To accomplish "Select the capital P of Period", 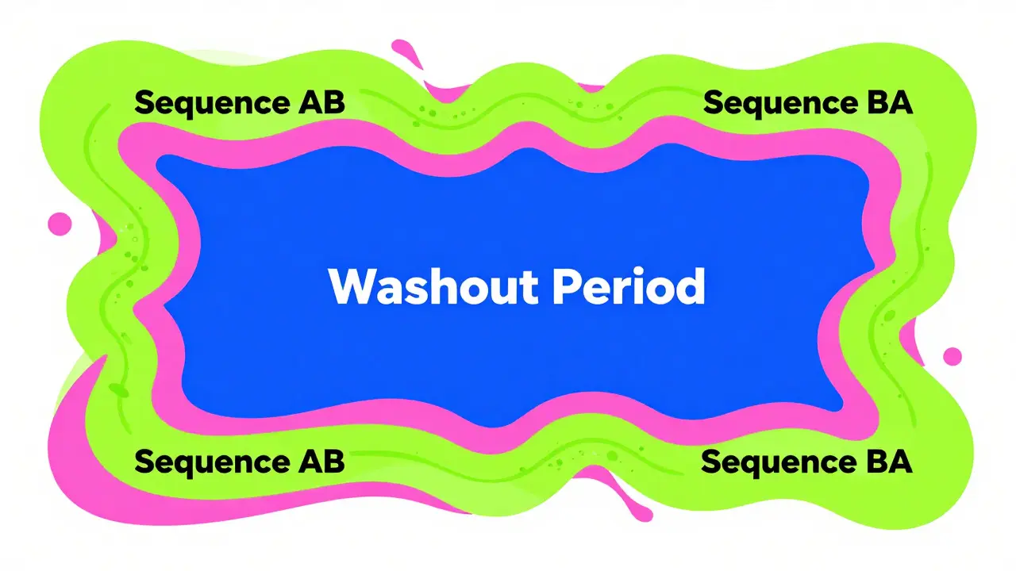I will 568,287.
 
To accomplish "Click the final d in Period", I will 689,287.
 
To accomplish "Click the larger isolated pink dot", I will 60,224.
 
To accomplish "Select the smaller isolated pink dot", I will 952,356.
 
